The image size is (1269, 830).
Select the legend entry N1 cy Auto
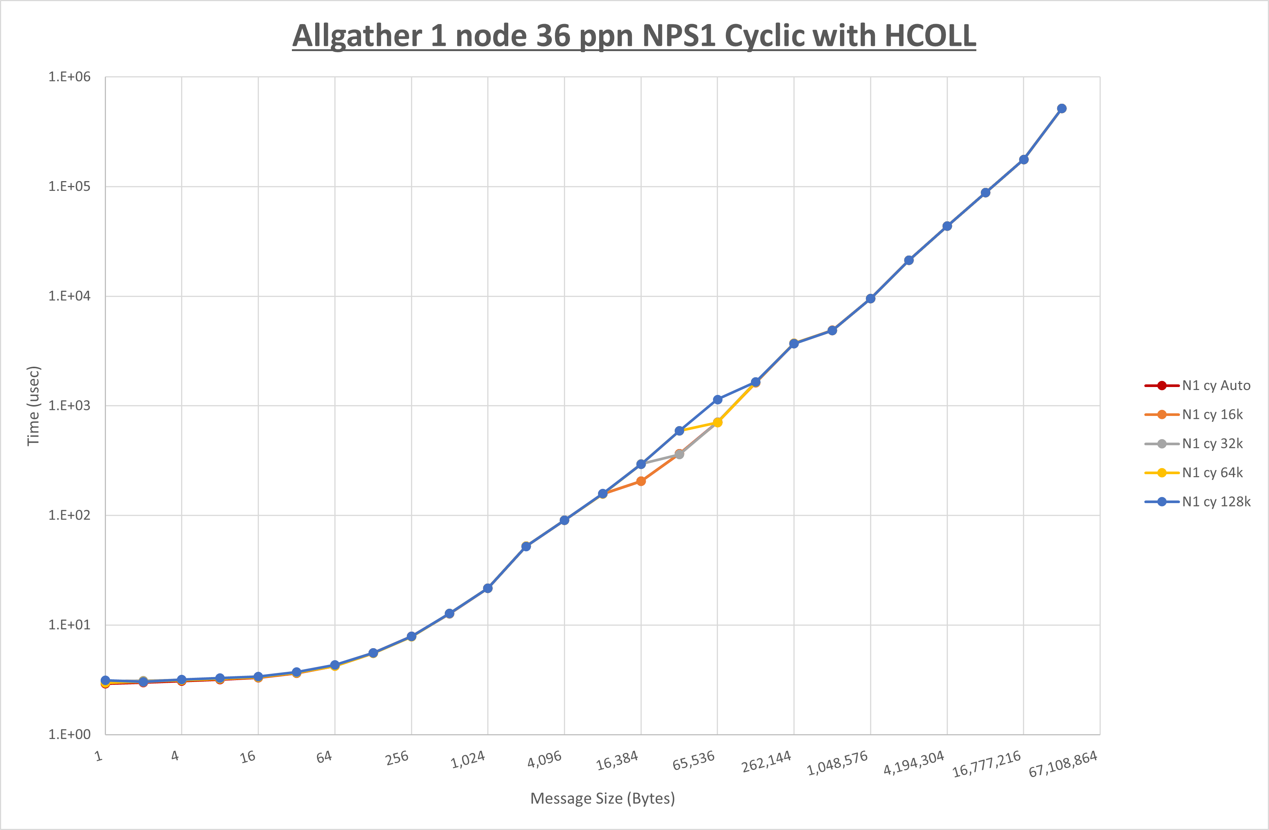(x=1216, y=386)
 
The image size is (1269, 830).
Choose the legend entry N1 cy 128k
(x=1216, y=502)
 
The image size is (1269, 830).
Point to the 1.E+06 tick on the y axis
(x=70, y=77)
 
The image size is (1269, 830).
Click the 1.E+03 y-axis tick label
(x=70, y=405)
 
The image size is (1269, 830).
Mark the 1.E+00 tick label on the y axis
(x=70, y=735)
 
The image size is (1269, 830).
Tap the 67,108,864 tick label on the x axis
(x=1063, y=764)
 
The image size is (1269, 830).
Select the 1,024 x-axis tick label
(x=468, y=760)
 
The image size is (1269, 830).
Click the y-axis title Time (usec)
(x=33, y=405)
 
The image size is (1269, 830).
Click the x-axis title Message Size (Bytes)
(x=603, y=798)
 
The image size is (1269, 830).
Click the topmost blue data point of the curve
(x=1062, y=108)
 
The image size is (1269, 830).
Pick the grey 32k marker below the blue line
(x=679, y=455)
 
